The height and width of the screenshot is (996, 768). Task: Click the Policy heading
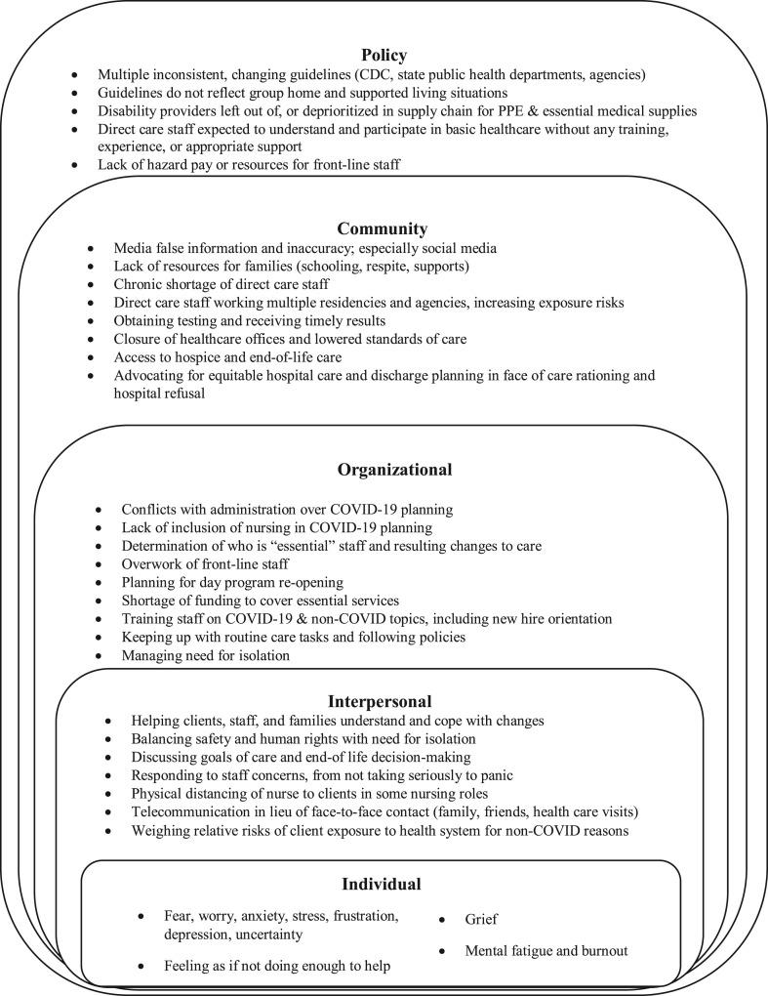point(384,56)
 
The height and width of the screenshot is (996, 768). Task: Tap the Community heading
point(383,228)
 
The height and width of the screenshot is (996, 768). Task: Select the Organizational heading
point(394,469)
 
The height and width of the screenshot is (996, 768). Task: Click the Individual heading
point(381,885)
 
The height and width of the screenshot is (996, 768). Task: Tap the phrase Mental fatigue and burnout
point(546,950)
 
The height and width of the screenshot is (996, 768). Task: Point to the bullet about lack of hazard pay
point(249,165)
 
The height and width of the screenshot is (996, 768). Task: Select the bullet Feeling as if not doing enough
point(277,967)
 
